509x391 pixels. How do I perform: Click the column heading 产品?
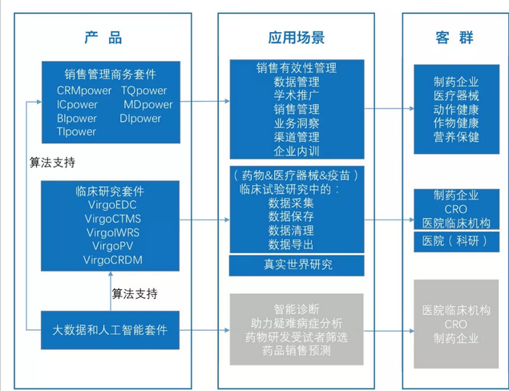point(103,37)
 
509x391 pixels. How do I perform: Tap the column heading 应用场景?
point(297,37)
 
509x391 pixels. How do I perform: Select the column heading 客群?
point(454,37)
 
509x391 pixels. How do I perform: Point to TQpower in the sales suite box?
point(144,91)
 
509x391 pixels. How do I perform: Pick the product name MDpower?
point(147,104)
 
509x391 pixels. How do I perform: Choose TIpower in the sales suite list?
point(77,131)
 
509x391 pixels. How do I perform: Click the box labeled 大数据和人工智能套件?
point(111,329)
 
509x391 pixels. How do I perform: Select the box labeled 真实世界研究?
point(297,264)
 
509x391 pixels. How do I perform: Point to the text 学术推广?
point(297,95)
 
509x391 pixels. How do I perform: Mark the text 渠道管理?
point(297,136)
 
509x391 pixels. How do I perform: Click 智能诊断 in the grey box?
point(297,308)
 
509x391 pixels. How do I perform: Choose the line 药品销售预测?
point(297,350)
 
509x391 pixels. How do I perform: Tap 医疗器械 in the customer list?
point(456,95)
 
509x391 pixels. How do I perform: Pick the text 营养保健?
point(456,136)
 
